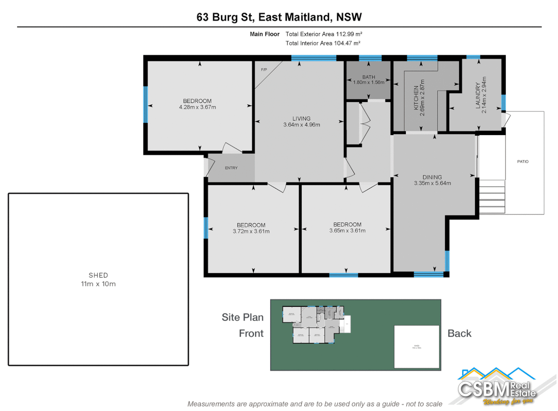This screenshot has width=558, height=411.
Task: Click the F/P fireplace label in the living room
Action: (x=264, y=70)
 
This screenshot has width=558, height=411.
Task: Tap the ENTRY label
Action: (x=231, y=168)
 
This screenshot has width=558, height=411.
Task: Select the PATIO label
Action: (x=523, y=162)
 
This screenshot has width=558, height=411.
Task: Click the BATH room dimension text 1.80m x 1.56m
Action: (x=369, y=82)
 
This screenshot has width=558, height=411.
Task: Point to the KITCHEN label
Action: (x=416, y=98)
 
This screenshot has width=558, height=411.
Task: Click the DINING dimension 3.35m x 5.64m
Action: (x=432, y=183)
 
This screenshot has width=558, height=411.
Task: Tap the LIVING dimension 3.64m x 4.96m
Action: (x=302, y=125)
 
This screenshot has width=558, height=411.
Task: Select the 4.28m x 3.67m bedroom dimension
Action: (x=197, y=107)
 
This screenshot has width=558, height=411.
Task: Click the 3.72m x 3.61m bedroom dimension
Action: (x=251, y=231)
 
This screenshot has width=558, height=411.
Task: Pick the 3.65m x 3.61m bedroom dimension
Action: (x=347, y=231)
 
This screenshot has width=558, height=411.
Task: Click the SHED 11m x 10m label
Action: (x=98, y=280)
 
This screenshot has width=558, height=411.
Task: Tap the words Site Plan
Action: (x=242, y=317)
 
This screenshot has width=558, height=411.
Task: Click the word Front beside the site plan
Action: (x=251, y=333)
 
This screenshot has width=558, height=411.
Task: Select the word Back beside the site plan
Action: (x=459, y=333)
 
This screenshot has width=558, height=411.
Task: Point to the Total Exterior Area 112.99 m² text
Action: (x=324, y=34)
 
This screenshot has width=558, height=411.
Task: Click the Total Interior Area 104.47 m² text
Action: (x=323, y=43)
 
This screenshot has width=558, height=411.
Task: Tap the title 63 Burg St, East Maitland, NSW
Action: (x=279, y=17)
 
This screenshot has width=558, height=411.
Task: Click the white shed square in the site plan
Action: (x=417, y=346)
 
